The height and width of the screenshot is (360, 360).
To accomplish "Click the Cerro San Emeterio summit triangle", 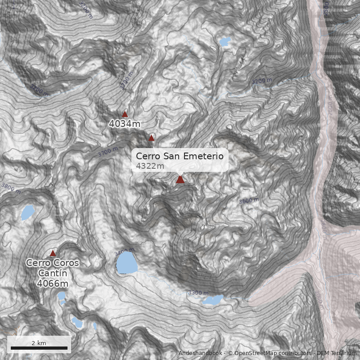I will click(x=180, y=180).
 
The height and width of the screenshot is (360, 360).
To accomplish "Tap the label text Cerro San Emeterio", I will click(x=180, y=156).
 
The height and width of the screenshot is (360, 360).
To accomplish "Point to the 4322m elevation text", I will click(x=150, y=166).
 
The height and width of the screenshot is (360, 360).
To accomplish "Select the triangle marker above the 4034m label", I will click(x=125, y=114).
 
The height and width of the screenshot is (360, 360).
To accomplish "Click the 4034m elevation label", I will click(x=125, y=123).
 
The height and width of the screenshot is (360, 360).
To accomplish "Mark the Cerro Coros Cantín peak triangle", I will click(x=53, y=253).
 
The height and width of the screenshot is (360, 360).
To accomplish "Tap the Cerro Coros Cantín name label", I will click(x=52, y=268).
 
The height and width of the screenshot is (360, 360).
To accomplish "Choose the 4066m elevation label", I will click(x=52, y=283).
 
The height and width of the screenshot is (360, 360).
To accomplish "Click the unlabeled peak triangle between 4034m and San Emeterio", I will click(x=152, y=138).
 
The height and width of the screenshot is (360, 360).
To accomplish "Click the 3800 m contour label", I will click(x=11, y=188).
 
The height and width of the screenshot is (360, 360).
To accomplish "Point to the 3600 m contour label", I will click(x=249, y=200).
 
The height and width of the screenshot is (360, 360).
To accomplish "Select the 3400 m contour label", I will click(x=125, y=251).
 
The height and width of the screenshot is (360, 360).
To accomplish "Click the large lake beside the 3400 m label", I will click(x=126, y=263).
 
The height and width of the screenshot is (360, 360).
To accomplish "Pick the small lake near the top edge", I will click(x=224, y=42).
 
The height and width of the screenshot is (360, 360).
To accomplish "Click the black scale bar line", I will click(x=39, y=348).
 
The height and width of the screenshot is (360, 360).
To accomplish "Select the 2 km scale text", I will click(x=39, y=343).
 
